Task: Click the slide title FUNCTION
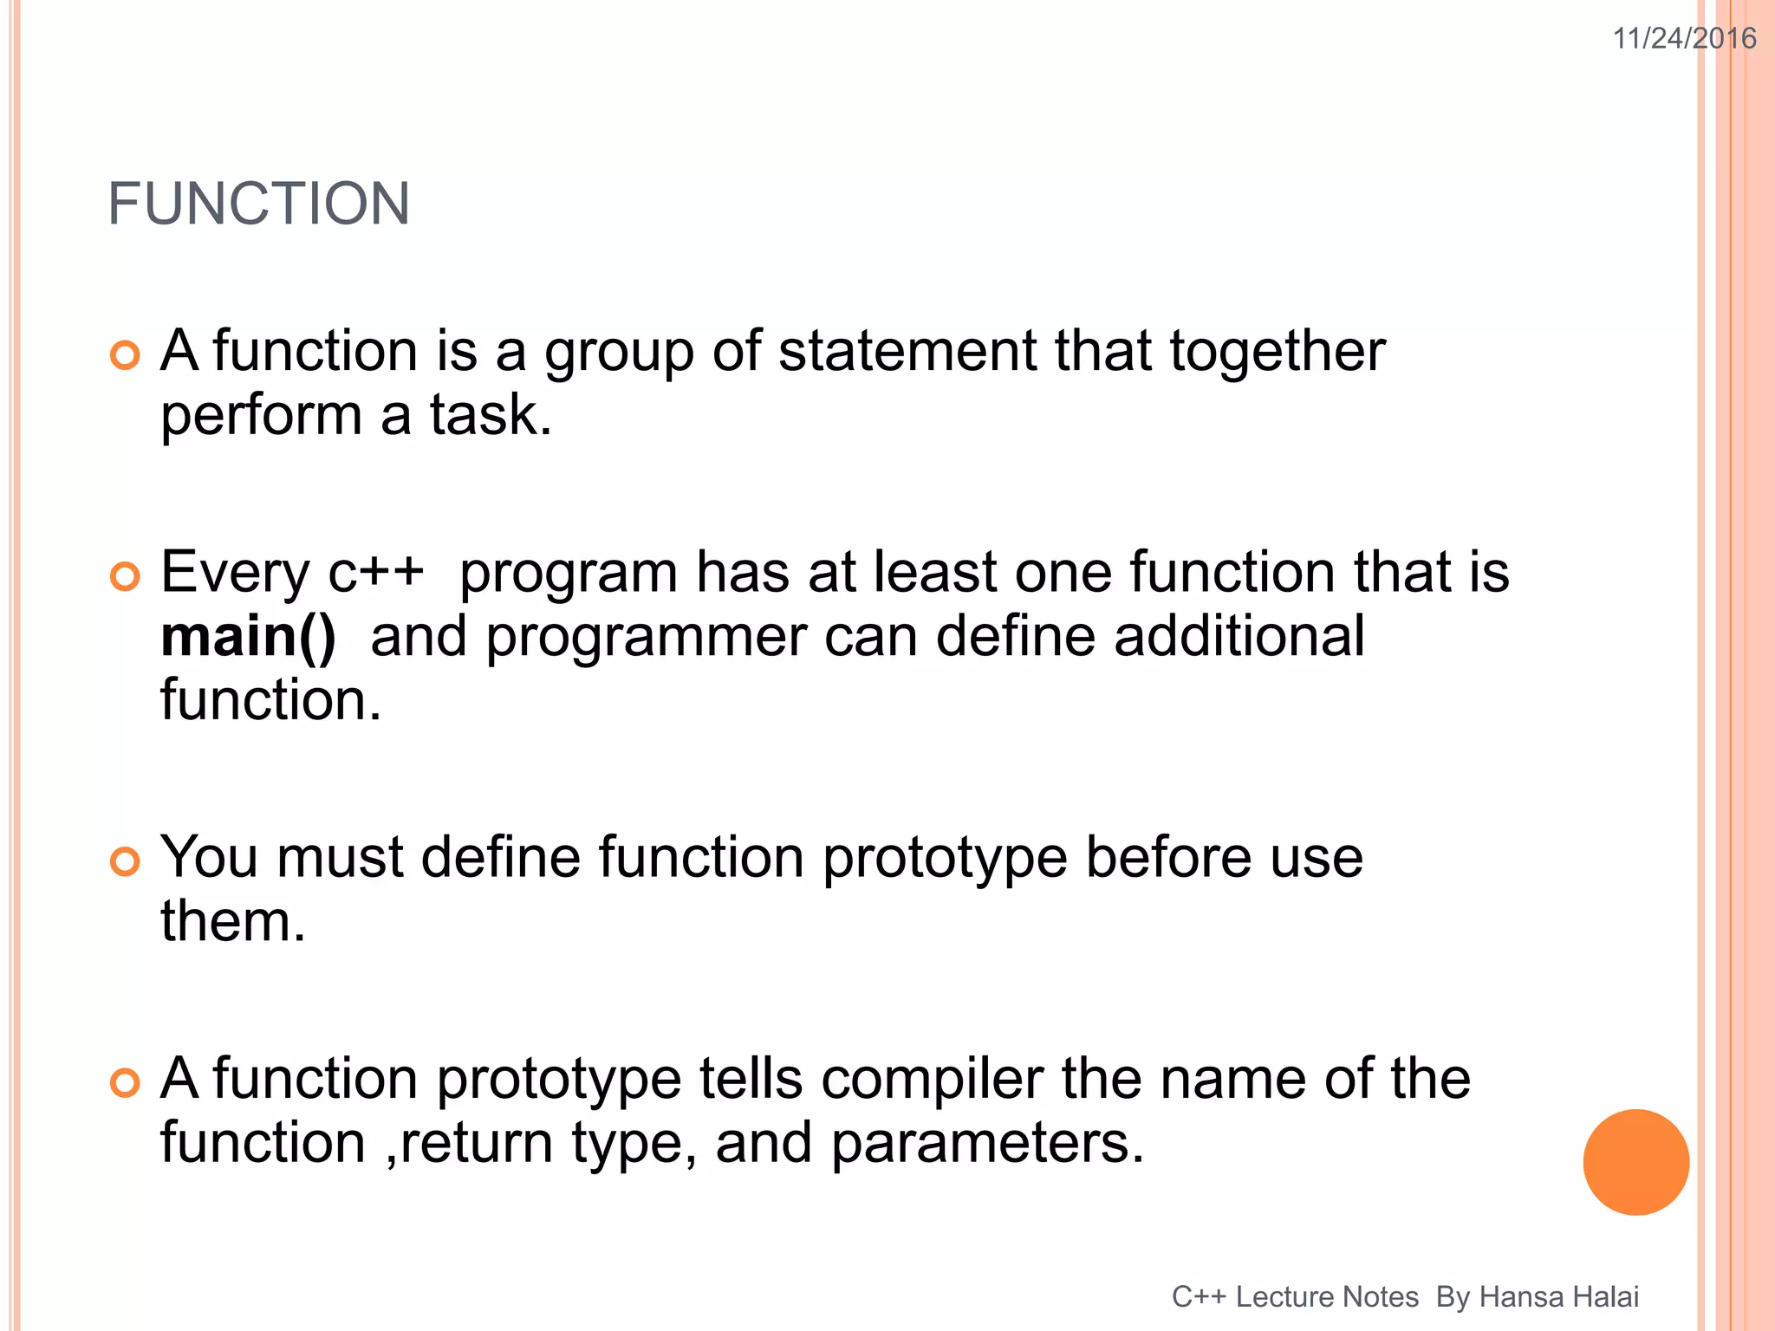pos(258,205)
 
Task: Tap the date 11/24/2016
pos(1684,39)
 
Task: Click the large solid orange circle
pos(1635,1162)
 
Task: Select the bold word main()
pos(249,637)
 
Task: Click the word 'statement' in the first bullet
pos(907,351)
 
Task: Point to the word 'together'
pos(1277,353)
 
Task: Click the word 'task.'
pos(491,415)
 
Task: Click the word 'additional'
pos(1239,637)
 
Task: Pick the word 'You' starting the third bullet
pos(209,858)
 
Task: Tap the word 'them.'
pos(233,921)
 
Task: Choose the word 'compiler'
pos(932,1080)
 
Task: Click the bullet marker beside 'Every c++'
pos(126,577)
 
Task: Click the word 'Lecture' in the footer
pos(1327,1297)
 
